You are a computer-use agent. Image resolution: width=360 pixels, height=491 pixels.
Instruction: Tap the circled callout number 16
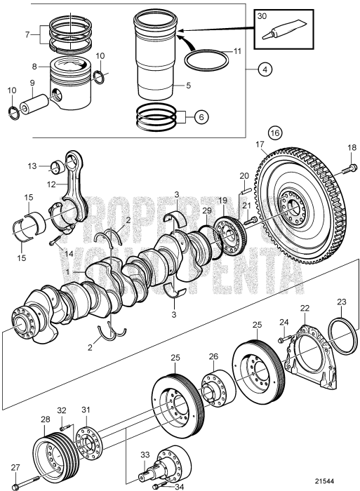click(x=275, y=131)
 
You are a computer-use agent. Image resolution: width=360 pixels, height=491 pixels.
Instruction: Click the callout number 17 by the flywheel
click(x=262, y=145)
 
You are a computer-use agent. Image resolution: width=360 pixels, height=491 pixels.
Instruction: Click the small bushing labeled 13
click(x=60, y=166)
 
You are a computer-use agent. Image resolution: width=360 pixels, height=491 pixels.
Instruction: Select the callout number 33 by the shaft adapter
click(x=144, y=455)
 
